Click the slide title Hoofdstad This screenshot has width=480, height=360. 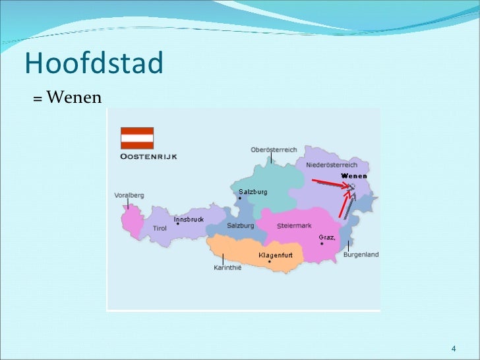click(x=94, y=63)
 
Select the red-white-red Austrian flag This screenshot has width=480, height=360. click(x=137, y=138)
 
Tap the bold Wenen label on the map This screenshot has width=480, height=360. click(x=354, y=176)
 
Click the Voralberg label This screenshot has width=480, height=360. click(x=129, y=195)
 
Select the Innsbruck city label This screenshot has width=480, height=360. click(x=189, y=219)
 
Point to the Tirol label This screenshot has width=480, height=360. click(x=160, y=228)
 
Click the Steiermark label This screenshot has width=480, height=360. click(x=294, y=225)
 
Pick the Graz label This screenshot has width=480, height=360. click(x=327, y=236)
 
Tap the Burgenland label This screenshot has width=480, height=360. click(x=361, y=255)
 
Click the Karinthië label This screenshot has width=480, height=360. click(x=227, y=268)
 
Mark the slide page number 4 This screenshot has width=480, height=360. click(x=454, y=347)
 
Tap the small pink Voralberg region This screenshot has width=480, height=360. click(x=132, y=220)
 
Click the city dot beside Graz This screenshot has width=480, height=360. click(x=322, y=244)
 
